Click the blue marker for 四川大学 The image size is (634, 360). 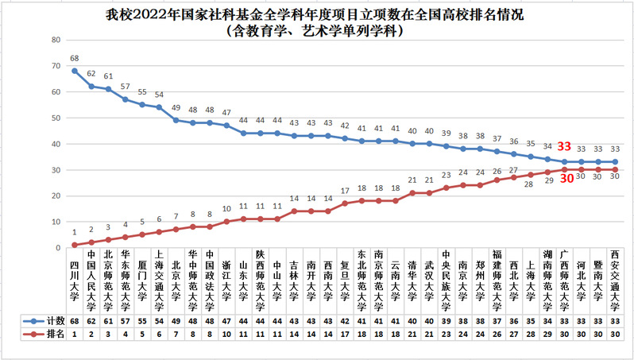click(74, 70)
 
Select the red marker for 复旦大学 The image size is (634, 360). click(345, 203)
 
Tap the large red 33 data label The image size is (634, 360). click(564, 146)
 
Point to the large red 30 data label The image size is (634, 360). click(567, 179)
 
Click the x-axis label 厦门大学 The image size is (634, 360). click(141, 285)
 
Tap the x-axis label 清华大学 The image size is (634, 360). click(412, 285)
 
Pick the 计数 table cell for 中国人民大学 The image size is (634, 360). click(91, 319)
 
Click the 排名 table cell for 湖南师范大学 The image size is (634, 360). click(547, 334)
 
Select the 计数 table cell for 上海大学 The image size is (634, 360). click(531, 319)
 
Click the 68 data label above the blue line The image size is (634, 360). click(74, 58)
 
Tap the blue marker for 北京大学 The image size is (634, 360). click(176, 120)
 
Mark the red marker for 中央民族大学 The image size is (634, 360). click(447, 188)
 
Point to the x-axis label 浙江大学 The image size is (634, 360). click(226, 285)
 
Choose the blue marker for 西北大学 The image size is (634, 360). click(514, 154)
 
